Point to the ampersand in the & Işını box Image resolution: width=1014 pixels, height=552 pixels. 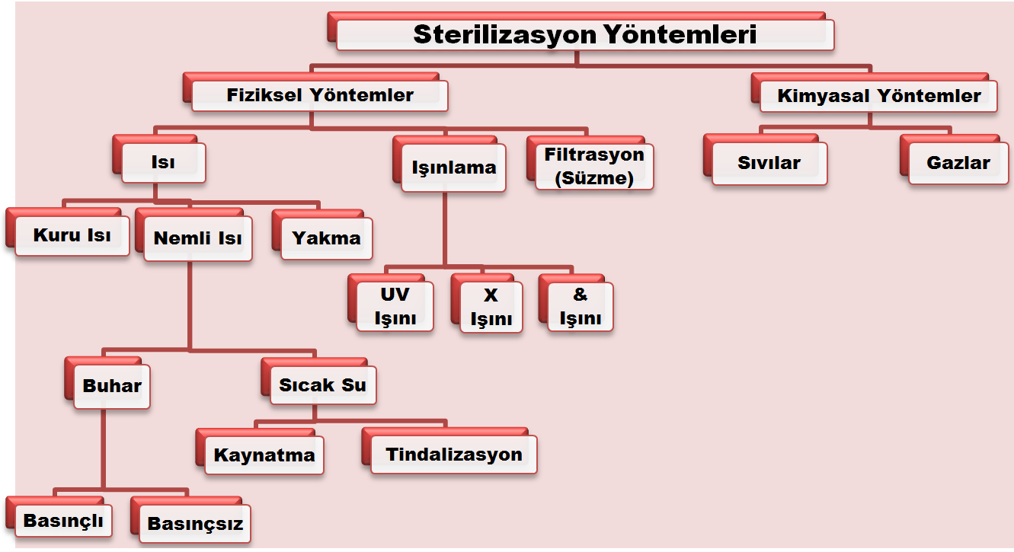[581, 295]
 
